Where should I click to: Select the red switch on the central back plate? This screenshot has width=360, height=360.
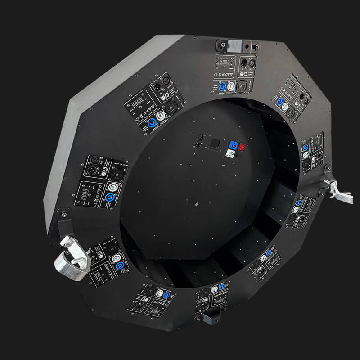(242, 147)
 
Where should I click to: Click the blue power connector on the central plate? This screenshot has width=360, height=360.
(233, 145)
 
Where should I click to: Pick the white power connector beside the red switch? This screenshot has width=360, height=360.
(230, 154)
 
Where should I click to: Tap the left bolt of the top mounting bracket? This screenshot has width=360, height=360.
(222, 45)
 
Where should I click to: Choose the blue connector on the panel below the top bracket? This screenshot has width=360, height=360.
(222, 86)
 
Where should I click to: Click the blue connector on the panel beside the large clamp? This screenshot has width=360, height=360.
(119, 265)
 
